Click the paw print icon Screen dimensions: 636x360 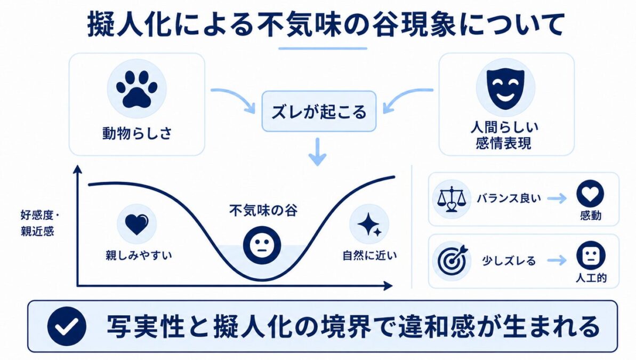click(x=136, y=89)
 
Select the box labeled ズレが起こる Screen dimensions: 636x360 click(x=319, y=111)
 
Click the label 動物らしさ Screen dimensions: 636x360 click(x=137, y=133)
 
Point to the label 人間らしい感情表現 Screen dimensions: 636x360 click(x=504, y=135)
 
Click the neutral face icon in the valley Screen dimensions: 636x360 click(x=262, y=245)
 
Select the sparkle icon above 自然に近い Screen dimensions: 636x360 click(x=369, y=225)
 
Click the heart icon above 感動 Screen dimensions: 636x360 click(x=590, y=194)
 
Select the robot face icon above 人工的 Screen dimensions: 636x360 click(x=591, y=255)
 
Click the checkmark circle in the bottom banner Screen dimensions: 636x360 click(x=67, y=326)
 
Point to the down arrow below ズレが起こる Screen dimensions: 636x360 click(x=318, y=152)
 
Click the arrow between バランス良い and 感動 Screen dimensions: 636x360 click(x=557, y=198)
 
